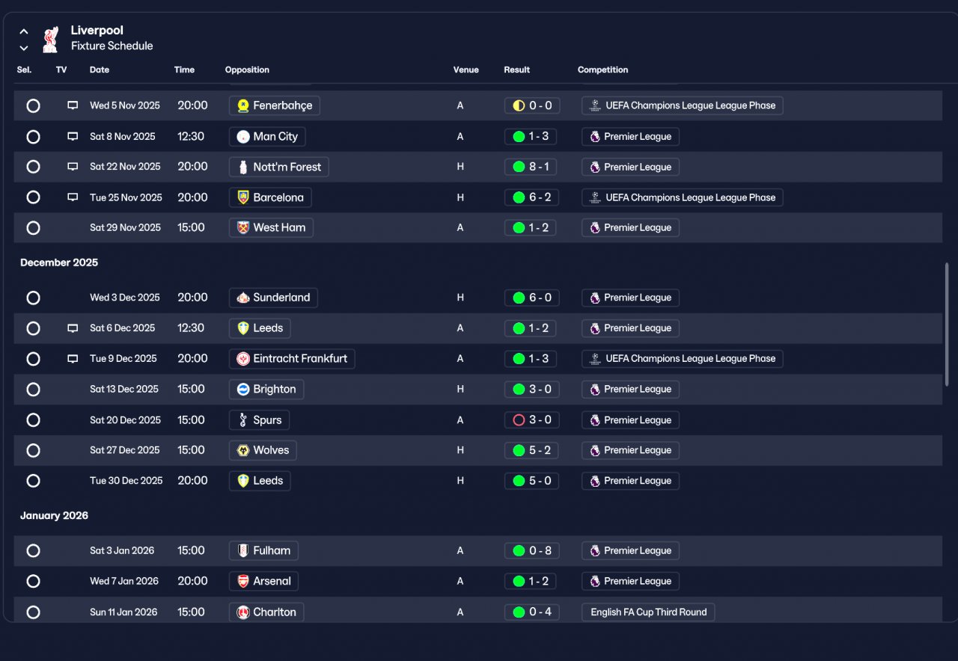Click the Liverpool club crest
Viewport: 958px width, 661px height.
tap(50, 40)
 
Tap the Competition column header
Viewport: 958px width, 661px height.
tap(602, 70)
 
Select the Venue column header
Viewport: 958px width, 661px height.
tap(466, 70)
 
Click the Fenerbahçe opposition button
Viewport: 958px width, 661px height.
tap(275, 105)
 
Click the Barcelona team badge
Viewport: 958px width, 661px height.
tap(243, 197)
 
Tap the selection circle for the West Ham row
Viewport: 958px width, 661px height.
tap(33, 228)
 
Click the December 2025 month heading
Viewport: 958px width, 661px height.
tap(59, 262)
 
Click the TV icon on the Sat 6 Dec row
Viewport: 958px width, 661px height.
tap(73, 328)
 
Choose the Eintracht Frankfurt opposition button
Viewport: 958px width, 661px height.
tap(292, 358)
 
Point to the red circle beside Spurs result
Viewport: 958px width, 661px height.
tap(519, 420)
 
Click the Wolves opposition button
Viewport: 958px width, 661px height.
tap(263, 450)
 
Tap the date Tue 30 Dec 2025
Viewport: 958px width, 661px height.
tap(126, 481)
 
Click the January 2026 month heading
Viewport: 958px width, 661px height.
tap(55, 516)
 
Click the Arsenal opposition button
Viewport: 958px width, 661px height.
tap(263, 581)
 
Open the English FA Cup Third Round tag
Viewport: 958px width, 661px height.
tap(648, 612)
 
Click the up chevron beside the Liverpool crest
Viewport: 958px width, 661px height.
tap(24, 31)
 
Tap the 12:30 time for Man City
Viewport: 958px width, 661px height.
tap(191, 136)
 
